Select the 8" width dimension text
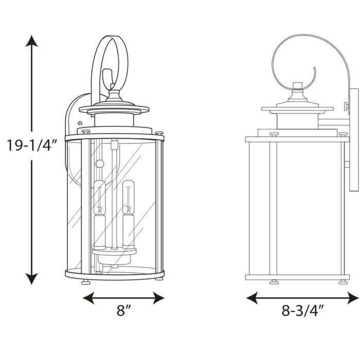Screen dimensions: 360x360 123,310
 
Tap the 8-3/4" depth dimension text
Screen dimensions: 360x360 302,310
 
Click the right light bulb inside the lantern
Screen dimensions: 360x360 128,195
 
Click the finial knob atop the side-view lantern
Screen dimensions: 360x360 297,85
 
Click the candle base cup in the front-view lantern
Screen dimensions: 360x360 114,252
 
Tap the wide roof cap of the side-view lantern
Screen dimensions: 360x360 297,109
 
